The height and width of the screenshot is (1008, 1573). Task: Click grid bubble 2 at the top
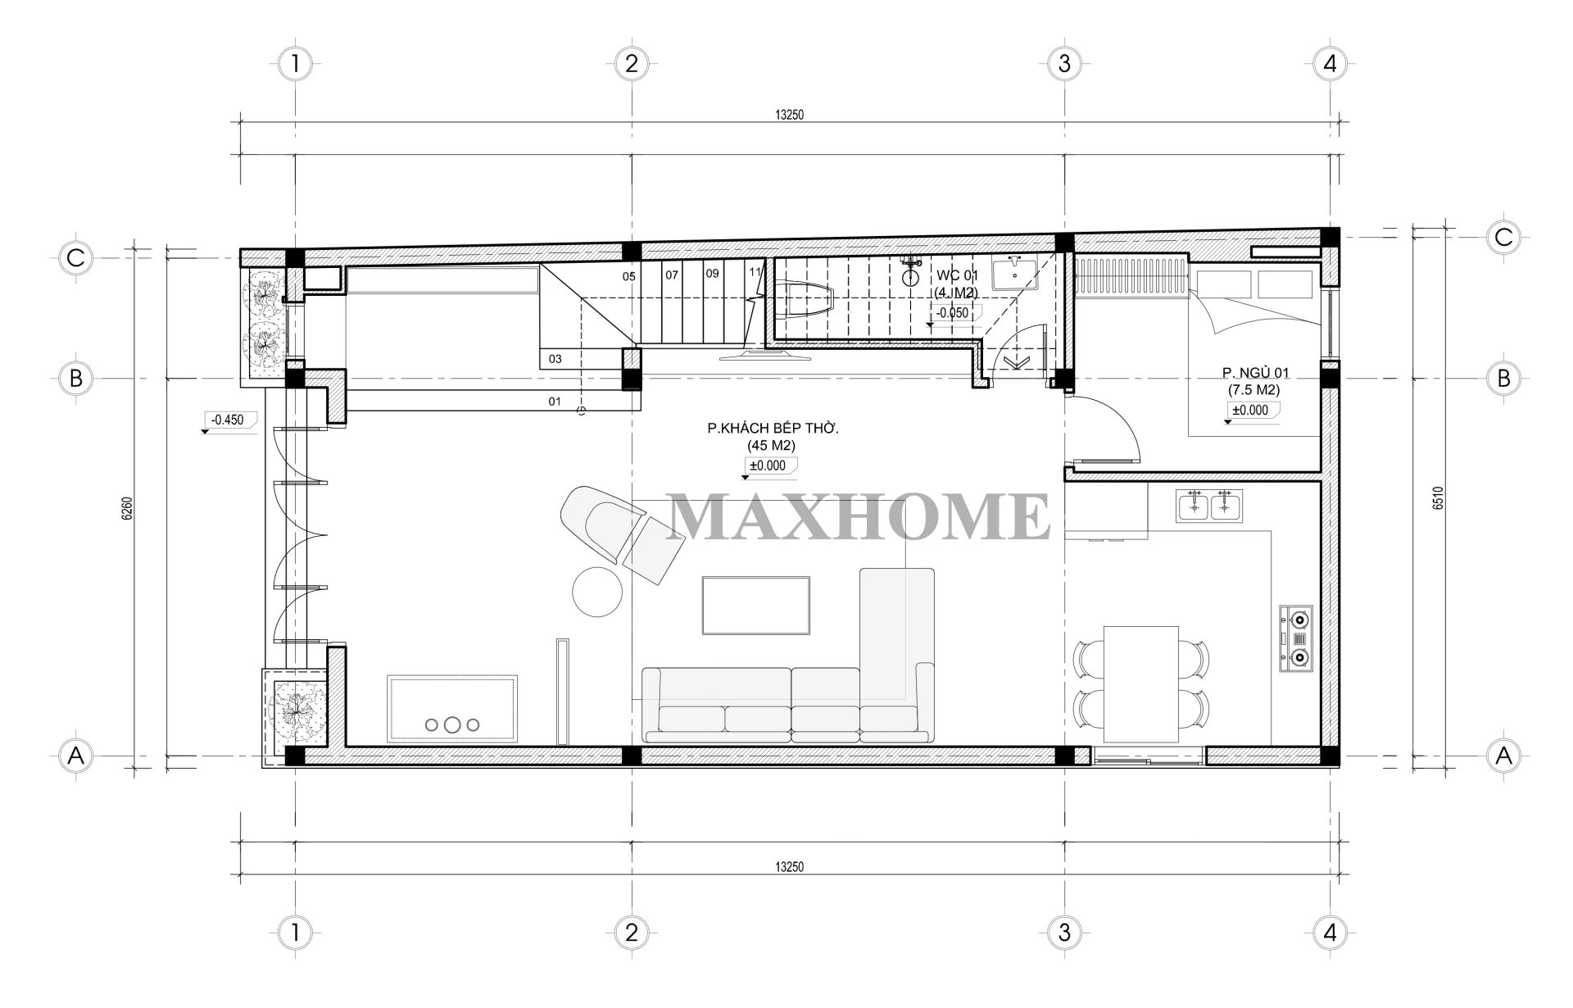coord(631,63)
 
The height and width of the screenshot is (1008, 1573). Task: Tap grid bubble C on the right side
coord(1503,237)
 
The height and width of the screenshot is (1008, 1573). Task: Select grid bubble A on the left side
coord(76,756)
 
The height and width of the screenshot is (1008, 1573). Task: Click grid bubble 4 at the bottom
coord(1329,932)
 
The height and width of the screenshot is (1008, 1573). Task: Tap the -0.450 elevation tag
coord(229,420)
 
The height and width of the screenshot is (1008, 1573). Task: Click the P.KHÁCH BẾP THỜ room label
coord(773,428)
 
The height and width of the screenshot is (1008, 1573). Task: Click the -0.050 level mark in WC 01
coord(953,312)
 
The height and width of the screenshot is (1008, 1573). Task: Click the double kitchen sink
coord(1209,505)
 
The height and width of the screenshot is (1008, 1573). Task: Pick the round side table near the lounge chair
coord(597,592)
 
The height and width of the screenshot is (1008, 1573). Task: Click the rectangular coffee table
coord(756,605)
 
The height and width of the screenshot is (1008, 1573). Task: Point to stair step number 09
coord(712,274)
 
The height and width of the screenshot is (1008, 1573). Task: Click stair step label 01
coord(555,402)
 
